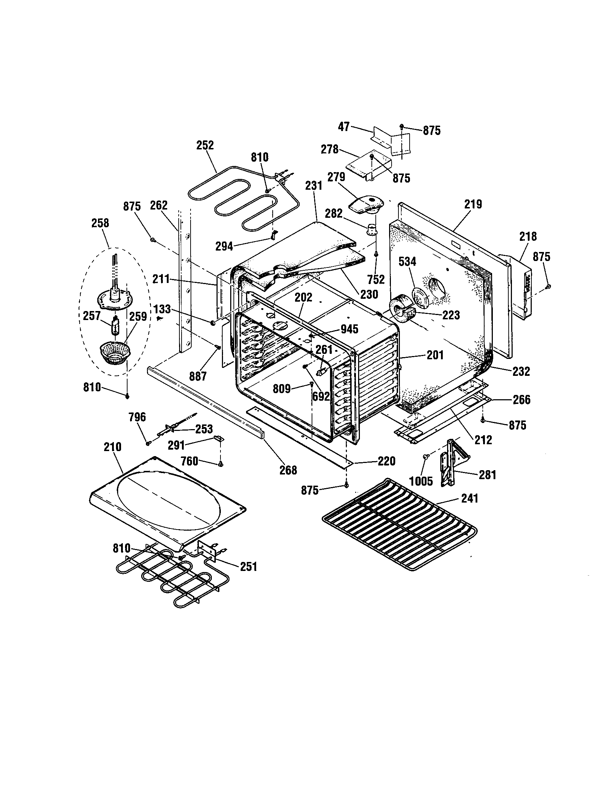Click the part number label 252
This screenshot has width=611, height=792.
[x=205, y=145]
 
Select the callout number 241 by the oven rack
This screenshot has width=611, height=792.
[x=469, y=499]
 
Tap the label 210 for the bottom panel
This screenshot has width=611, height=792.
[x=112, y=447]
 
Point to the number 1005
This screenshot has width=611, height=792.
[x=421, y=481]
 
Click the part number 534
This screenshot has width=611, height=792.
[x=407, y=261]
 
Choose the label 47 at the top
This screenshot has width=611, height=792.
[x=344, y=127]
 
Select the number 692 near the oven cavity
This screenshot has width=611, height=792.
[x=321, y=396]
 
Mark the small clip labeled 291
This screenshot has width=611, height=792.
[x=219, y=438]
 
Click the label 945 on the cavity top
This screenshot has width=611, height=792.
[x=349, y=329]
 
